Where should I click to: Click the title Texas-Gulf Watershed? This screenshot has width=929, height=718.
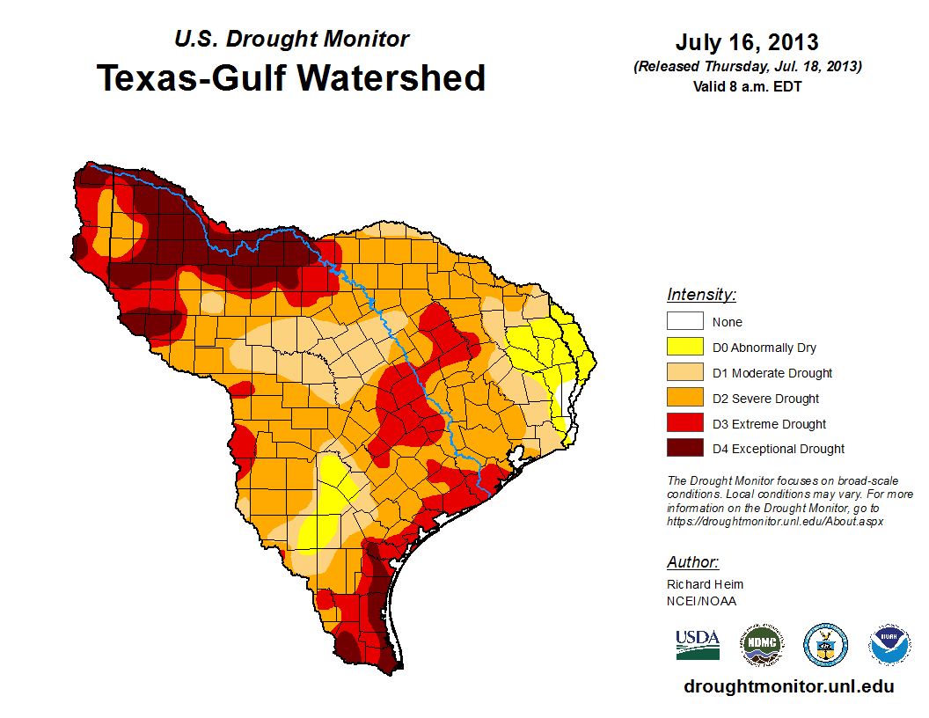[x=291, y=77]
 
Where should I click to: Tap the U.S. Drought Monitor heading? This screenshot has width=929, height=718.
[x=291, y=39]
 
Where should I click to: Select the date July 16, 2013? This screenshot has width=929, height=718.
[x=747, y=42]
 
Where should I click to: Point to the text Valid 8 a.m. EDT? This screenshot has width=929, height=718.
[x=747, y=85]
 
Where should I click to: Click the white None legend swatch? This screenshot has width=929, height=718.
[x=684, y=322]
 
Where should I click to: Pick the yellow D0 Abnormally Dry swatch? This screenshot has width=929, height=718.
[x=684, y=348]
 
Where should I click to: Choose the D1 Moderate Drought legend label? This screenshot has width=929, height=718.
[x=772, y=373]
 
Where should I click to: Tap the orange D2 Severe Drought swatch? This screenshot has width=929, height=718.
[x=684, y=398]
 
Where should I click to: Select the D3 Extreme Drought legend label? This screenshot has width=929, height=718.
[x=769, y=424]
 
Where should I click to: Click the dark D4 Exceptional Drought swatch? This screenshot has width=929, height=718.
[x=684, y=449]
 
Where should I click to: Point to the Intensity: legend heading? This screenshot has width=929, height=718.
[x=701, y=295]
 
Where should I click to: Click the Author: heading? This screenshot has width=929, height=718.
[x=692, y=562]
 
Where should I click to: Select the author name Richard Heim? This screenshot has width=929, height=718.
[x=705, y=584]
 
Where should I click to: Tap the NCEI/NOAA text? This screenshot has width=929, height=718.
[x=701, y=601]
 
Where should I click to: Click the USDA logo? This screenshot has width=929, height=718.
[x=698, y=645]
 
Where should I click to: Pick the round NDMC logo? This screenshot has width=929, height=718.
[x=762, y=645]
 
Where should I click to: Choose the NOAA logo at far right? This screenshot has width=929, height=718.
[x=889, y=645]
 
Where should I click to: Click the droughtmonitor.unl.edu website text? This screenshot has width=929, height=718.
[x=788, y=686]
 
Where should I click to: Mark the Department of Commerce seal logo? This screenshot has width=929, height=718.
[x=826, y=645]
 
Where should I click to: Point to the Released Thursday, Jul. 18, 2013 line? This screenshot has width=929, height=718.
[x=747, y=67]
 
